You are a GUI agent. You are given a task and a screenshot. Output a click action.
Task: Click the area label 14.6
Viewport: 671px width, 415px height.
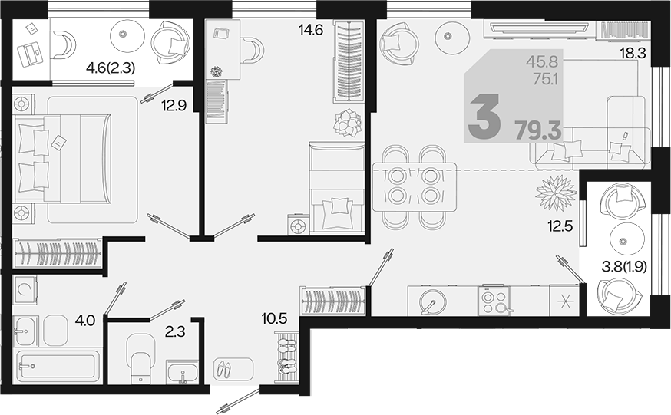pos(311,30)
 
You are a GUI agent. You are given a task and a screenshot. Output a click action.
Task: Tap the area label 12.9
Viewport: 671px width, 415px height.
pos(174,105)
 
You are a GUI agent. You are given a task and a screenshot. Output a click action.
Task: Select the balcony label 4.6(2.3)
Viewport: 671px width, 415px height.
pos(111,68)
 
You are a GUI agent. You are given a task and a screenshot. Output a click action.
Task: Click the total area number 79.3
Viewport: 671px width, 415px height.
pos(538,130)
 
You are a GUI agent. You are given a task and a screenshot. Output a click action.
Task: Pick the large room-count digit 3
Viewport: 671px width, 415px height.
pos(484,117)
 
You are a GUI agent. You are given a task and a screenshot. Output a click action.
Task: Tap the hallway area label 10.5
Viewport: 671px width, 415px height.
pos(274,318)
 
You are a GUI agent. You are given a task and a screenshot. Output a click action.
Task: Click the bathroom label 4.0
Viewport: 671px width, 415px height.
pos(84,320)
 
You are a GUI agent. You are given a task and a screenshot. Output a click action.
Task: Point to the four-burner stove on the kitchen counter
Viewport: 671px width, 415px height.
pos(494,301)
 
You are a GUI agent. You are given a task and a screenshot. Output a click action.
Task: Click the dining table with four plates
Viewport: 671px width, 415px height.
pos(415,186)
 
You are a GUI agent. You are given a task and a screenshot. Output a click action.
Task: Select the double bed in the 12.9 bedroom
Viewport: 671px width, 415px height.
pos(62,158)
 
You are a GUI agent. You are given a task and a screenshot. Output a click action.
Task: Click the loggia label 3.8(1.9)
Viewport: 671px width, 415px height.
pos(624,267)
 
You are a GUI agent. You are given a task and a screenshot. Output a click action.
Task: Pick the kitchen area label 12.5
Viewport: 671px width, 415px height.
pos(560,226)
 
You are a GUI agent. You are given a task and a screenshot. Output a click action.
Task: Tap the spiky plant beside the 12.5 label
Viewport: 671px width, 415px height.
pos(555,193)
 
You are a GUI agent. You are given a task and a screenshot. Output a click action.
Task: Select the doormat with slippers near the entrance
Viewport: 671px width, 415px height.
pos(233,367)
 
